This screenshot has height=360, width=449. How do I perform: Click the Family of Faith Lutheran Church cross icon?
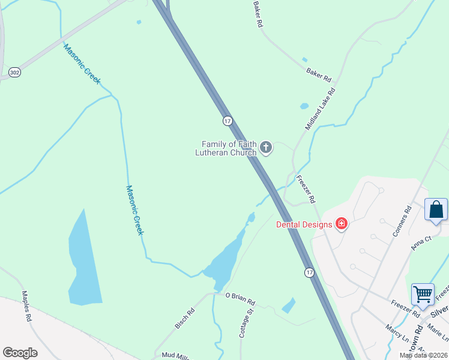[x=265, y=148]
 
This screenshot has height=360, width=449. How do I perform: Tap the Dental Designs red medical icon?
[x=342, y=224]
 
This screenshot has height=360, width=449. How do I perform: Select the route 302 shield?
[x=14, y=73]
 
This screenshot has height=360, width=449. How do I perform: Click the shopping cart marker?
[x=423, y=295]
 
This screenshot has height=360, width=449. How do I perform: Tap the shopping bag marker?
[x=436, y=210]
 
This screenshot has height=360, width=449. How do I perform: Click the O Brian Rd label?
[x=240, y=298]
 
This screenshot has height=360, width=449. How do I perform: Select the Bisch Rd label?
[x=185, y=318]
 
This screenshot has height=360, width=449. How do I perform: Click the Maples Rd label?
[x=26, y=307]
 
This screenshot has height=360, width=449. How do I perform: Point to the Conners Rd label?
[x=402, y=221]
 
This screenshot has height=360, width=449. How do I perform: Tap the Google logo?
[x=20, y=353]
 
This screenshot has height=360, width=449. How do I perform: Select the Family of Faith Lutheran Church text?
[x=229, y=148]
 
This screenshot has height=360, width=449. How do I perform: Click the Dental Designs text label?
[x=304, y=225]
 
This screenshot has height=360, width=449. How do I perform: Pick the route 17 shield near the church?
[x=227, y=121]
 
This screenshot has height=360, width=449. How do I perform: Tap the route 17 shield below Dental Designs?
[x=309, y=272]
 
